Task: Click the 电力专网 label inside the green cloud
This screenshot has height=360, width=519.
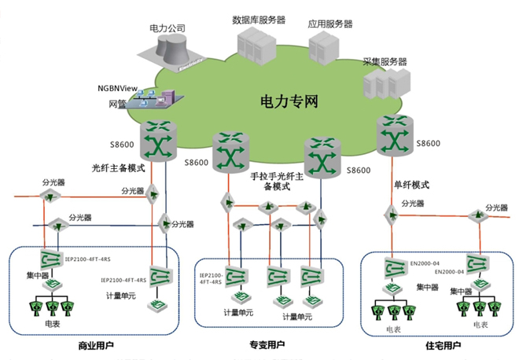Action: pyautogui.click(x=289, y=102)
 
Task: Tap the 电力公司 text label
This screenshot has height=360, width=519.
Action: pyautogui.click(x=167, y=28)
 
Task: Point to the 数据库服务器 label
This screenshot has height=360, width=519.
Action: pyautogui.click(x=260, y=18)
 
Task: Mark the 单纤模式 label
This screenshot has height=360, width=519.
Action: pyautogui.click(x=411, y=186)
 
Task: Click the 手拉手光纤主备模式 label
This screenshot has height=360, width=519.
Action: pyautogui.click(x=281, y=181)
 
